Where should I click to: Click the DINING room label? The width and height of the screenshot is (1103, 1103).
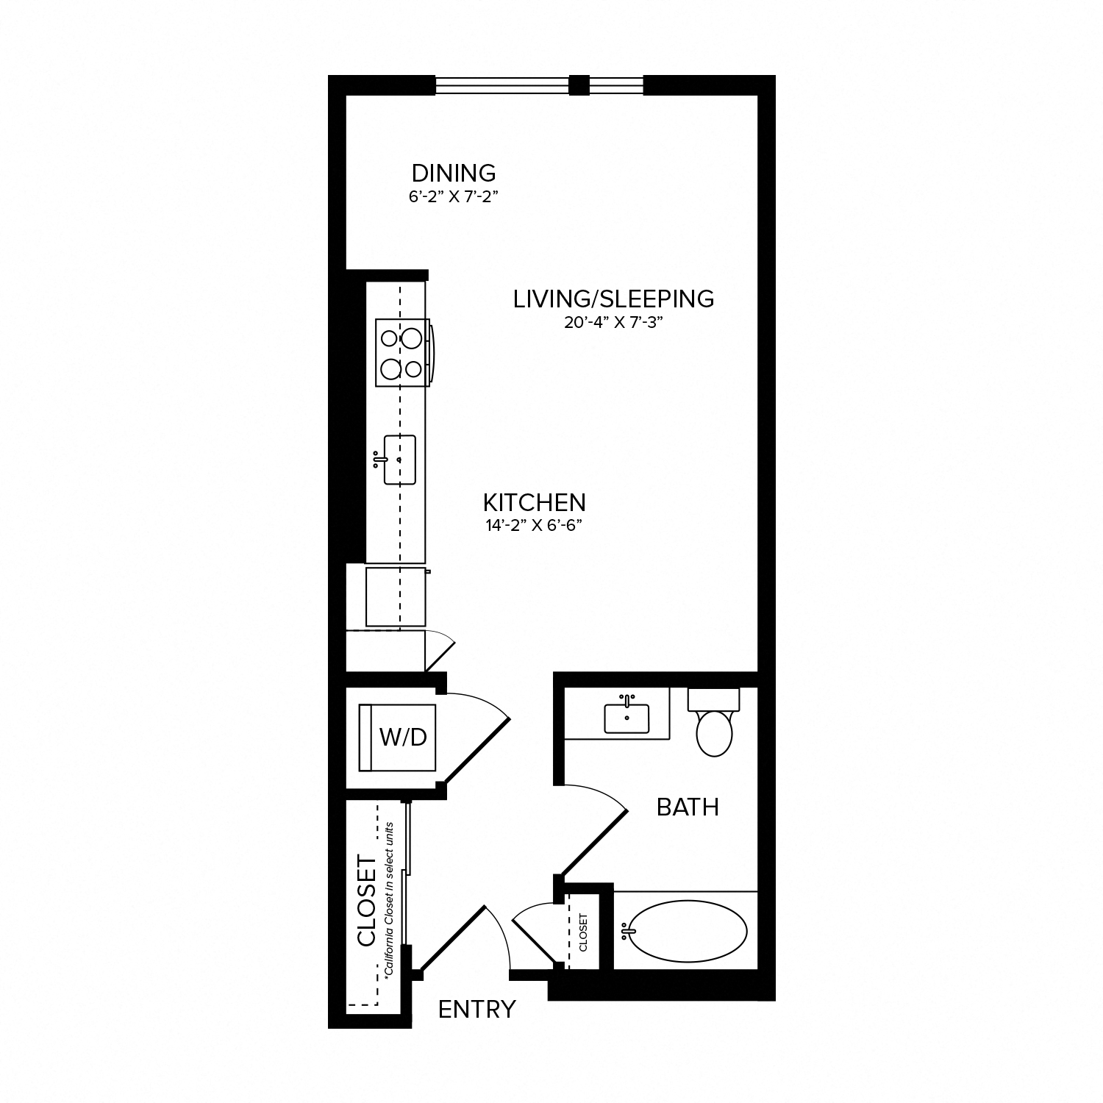(454, 174)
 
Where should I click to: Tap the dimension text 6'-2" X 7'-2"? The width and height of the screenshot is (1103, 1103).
(454, 197)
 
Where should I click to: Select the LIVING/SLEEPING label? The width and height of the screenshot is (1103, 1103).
(613, 299)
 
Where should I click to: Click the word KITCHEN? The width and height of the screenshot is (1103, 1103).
(534, 503)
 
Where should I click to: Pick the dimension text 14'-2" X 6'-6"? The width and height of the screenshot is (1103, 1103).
(534, 526)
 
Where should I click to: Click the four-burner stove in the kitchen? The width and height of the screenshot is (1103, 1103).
(401, 352)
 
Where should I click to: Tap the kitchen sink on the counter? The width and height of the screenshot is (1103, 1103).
(399, 460)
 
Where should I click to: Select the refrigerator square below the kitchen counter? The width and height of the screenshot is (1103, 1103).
(396, 596)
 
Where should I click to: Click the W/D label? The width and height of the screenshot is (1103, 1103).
(403, 738)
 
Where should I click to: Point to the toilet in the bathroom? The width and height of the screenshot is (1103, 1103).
(713, 728)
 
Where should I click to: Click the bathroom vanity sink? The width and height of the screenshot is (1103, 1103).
(627, 718)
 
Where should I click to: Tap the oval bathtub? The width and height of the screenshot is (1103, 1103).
(688, 932)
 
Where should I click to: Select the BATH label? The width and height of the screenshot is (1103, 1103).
(687, 807)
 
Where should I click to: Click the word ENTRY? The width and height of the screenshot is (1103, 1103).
(476, 1010)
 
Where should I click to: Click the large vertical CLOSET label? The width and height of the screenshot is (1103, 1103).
(366, 900)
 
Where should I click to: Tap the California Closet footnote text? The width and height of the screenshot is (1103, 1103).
(389, 899)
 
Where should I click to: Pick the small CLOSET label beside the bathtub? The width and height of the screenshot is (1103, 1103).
(584, 932)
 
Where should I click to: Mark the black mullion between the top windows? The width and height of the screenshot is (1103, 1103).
(579, 85)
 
